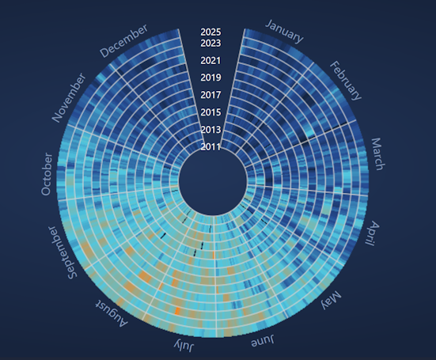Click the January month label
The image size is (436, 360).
[284, 31]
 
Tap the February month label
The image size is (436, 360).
[345, 80]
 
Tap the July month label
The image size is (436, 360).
[185, 347]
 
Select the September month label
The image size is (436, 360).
[62, 252]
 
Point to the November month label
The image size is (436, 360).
[69, 98]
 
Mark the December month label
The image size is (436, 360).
[123, 40]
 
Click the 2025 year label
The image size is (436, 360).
[210, 32]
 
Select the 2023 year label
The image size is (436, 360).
[210, 43]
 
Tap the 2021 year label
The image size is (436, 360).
[210, 60]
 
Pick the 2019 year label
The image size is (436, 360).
[210, 78]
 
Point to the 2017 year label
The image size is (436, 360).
[210, 95]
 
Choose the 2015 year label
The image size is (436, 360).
[210, 112]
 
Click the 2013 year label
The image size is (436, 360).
[210, 130]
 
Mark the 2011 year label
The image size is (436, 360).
[210, 146]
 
